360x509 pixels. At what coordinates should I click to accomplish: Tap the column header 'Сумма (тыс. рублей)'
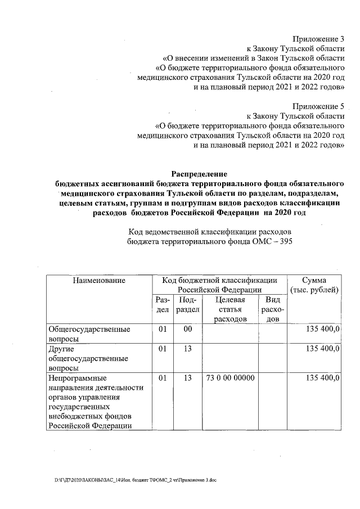point(313,285)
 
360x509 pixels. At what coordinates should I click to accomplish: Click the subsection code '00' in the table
point(187,329)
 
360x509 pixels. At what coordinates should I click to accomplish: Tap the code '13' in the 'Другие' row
point(187,349)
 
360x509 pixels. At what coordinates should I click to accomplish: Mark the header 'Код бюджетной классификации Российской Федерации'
point(219,285)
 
